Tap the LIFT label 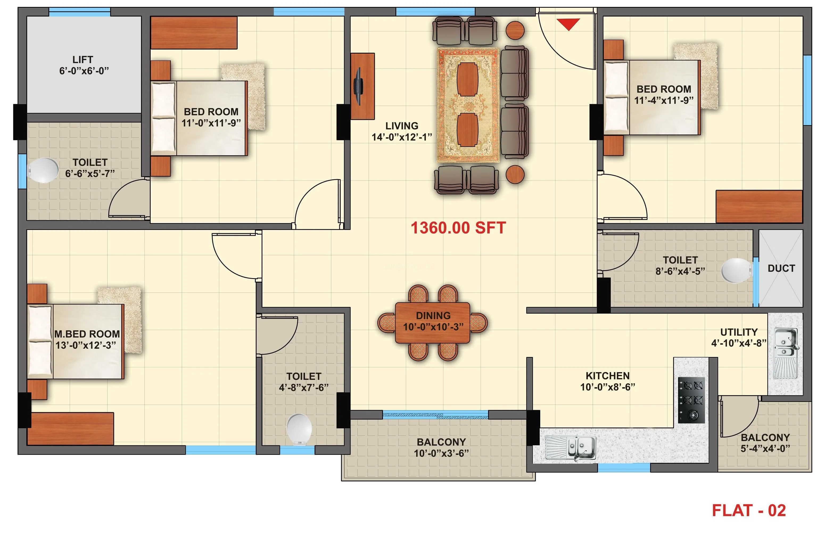(83, 60)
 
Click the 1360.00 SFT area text (458, 228)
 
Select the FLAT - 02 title (749, 511)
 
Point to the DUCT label (781, 268)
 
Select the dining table (432, 323)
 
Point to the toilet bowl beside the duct (736, 271)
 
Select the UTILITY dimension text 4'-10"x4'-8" (739, 343)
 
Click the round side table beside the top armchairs (515, 30)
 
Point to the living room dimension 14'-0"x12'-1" (402, 137)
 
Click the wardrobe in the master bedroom (71, 429)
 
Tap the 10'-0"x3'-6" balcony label (441, 453)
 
